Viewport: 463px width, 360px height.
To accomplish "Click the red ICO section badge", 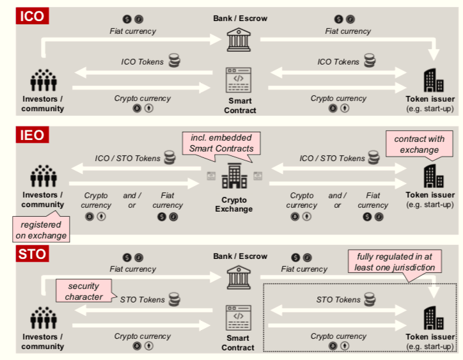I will pyautogui.click(x=33, y=16).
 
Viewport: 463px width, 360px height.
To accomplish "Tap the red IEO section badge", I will pyautogui.click(x=33, y=134).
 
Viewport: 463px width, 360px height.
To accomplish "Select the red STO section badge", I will pyautogui.click(x=33, y=254).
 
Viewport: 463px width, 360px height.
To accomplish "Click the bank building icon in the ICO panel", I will pyautogui.click(x=239, y=40).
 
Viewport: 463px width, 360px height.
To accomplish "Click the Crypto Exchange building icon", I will pyautogui.click(x=234, y=175).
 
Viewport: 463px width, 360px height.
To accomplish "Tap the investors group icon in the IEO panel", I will pyautogui.click(x=43, y=175).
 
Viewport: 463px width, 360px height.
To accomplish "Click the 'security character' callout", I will pyautogui.click(x=84, y=292).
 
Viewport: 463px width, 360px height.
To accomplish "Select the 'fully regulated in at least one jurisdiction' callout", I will pyautogui.click(x=395, y=263).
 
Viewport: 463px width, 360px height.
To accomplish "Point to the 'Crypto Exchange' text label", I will pyautogui.click(x=234, y=205).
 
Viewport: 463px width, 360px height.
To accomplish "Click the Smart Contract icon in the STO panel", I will pyautogui.click(x=239, y=318).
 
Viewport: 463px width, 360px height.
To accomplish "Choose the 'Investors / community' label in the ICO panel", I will pyautogui.click(x=43, y=104).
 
